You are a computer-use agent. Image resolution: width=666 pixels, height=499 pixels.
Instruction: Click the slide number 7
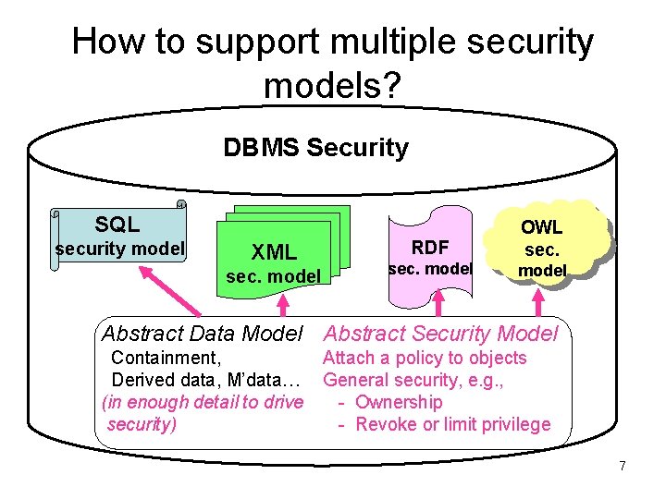point(623,466)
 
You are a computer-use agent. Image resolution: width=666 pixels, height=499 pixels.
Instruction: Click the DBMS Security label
point(315,148)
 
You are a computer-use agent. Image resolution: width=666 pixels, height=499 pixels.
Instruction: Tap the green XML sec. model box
point(275,262)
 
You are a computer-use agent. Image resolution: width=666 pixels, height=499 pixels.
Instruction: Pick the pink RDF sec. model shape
point(430,258)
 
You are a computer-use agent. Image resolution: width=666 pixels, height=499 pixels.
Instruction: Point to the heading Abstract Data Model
point(203,334)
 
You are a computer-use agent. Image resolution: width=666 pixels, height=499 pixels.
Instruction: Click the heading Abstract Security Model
point(441,334)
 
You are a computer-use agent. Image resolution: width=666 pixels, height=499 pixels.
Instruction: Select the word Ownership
point(399,402)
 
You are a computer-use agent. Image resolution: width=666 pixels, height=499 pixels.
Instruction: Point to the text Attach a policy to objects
point(425,358)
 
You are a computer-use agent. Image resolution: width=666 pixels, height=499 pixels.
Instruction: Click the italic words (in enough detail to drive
point(202,402)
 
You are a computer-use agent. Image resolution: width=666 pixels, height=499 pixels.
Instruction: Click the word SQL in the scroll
point(117,224)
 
